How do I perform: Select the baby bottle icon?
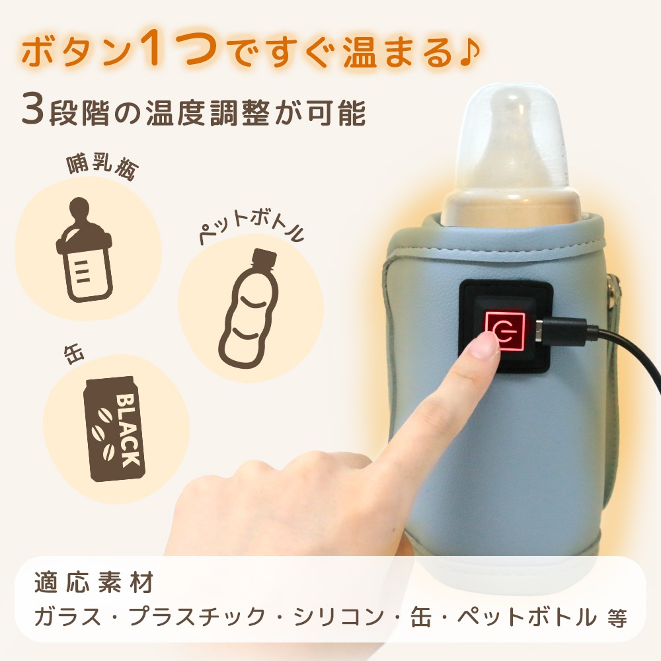[x=85, y=250]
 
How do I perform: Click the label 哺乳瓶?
[x=102, y=167]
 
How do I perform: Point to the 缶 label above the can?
[x=74, y=355]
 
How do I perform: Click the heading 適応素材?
[x=94, y=583]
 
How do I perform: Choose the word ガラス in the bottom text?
[x=68, y=617]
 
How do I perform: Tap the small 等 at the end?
[x=617, y=619]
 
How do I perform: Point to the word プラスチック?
[x=197, y=617]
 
